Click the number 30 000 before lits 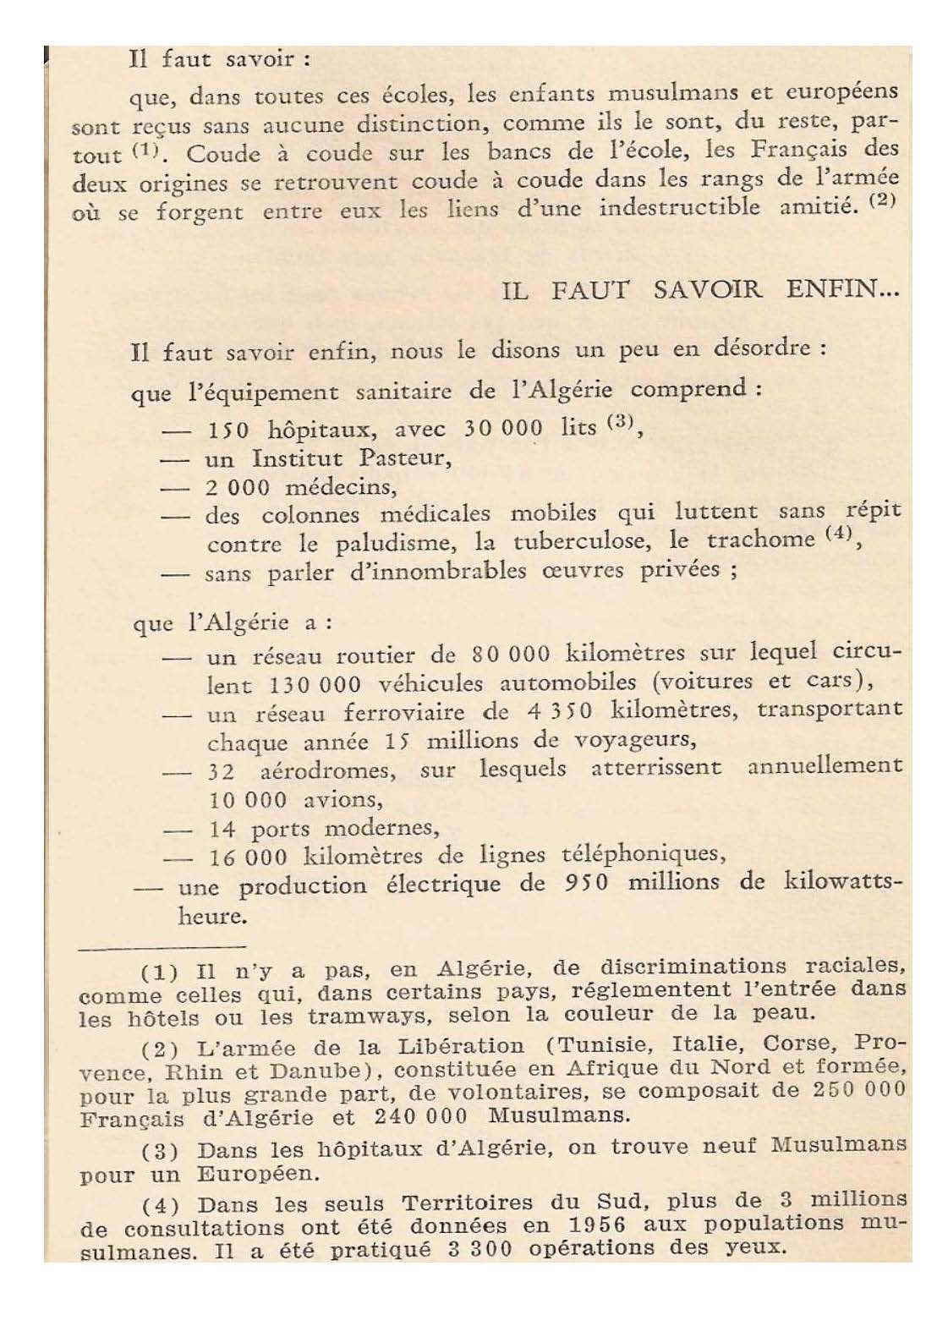point(503,428)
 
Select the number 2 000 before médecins point(237,488)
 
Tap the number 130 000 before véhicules point(315,683)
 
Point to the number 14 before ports point(222,829)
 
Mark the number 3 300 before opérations point(479,1249)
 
